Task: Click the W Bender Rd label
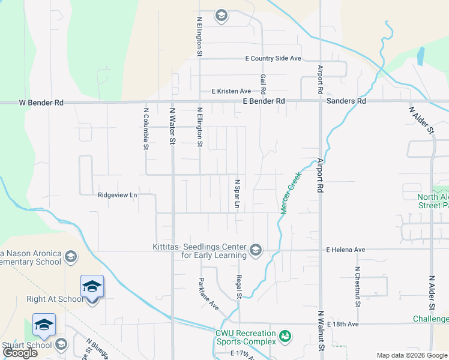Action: [41, 103]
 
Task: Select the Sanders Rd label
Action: [346, 102]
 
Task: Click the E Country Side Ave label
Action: [273, 59]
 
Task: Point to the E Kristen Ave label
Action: [231, 91]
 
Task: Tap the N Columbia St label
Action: [146, 128]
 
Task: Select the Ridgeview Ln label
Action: [118, 195]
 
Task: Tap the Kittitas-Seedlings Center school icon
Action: [256, 250]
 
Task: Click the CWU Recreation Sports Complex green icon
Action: [286, 335]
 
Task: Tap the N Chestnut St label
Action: [357, 287]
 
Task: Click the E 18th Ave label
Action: [342, 324]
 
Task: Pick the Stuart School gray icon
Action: [61, 344]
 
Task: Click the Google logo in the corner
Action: [20, 353]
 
